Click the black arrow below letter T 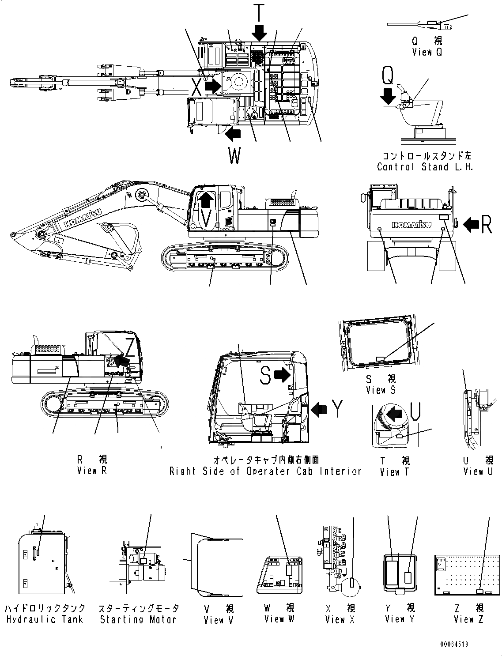[x=259, y=32]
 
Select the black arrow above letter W [x=233, y=132]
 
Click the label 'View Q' [x=427, y=52]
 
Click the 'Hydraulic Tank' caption [x=45, y=619]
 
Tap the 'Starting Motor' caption [x=138, y=619]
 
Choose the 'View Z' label [x=468, y=619]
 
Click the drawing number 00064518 [x=453, y=644]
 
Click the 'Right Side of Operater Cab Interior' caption [x=265, y=471]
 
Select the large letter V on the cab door [x=204, y=219]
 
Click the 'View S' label [x=381, y=390]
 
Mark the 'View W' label [x=279, y=619]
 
